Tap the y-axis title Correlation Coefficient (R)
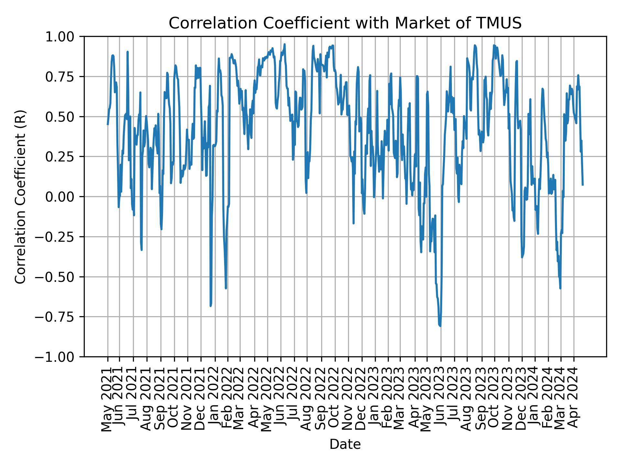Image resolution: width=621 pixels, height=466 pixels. (x=20, y=196)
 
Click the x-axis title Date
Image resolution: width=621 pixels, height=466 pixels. (x=345, y=445)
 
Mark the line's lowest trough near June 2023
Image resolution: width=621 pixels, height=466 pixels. (x=440, y=326)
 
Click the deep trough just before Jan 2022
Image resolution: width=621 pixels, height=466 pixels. (x=211, y=306)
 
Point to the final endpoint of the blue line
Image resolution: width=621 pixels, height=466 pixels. (x=583, y=185)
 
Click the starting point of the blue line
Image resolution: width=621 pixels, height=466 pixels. (x=108, y=124)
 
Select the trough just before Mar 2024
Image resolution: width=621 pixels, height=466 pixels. (x=560, y=288)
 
